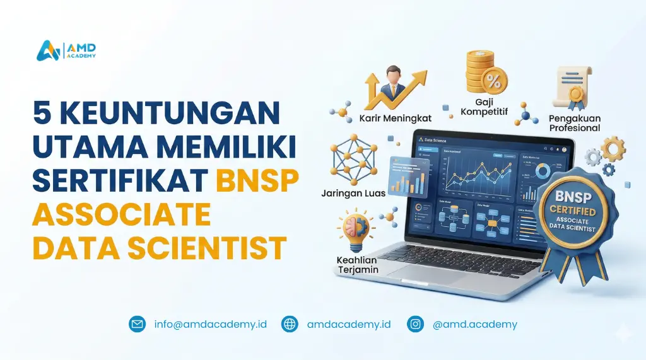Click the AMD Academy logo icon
click(48, 50)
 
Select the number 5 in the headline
click(44, 113)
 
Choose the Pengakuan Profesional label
click(575, 122)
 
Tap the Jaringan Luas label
click(354, 193)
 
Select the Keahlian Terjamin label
click(357, 265)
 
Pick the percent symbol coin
click(495, 81)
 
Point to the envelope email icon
click(137, 324)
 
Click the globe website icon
click(290, 324)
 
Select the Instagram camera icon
click(415, 324)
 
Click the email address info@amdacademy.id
click(210, 324)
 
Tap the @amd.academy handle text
click(475, 324)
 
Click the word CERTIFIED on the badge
click(573, 209)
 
